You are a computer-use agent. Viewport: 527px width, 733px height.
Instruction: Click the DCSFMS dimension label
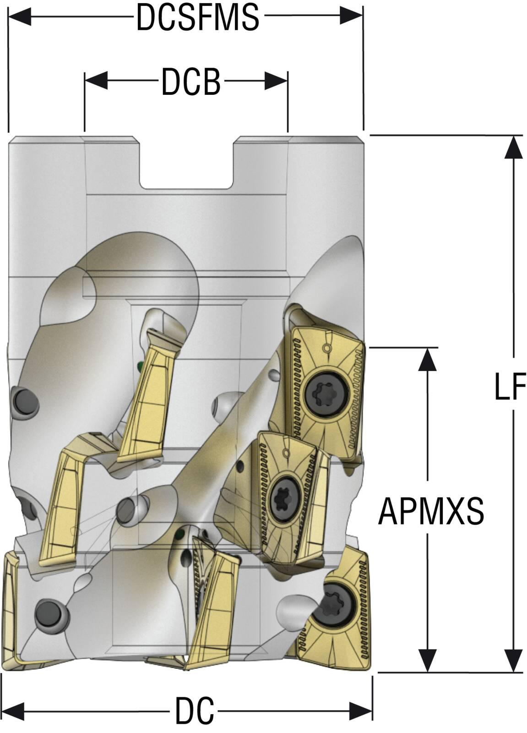click(x=198, y=18)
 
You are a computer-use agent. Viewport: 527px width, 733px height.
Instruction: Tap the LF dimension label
click(x=510, y=386)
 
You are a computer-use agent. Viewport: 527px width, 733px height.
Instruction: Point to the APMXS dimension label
click(x=431, y=511)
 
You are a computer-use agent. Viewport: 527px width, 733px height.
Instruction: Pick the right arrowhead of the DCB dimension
click(x=277, y=82)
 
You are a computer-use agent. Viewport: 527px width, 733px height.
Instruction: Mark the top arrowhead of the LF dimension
click(x=514, y=148)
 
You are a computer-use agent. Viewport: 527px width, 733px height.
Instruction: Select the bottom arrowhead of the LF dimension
click(x=514, y=660)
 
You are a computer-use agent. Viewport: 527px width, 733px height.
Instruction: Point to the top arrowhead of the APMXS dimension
click(x=428, y=359)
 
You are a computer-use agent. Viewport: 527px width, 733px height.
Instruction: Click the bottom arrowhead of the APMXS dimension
click(x=428, y=660)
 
